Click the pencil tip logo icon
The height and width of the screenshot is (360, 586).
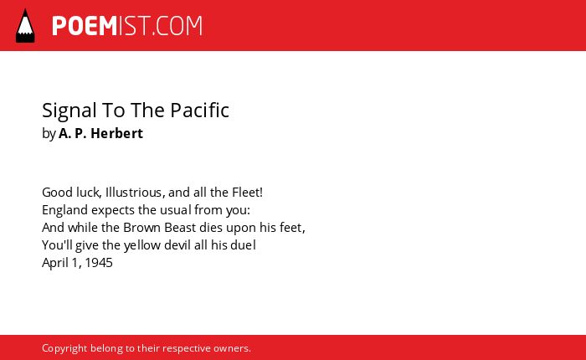coord(25,25)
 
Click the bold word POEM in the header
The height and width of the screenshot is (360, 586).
coord(85,26)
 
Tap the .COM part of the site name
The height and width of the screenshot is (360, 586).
coord(177,26)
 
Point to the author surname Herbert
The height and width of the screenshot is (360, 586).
coord(116,133)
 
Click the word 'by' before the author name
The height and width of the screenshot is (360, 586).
coord(49,134)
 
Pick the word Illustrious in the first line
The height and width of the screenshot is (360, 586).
coord(133,193)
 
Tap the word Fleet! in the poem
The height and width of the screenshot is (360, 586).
coord(248,193)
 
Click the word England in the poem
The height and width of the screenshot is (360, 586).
coord(64,209)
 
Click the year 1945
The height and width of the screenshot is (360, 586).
coord(99,263)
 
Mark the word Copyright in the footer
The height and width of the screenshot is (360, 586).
coord(64,348)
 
